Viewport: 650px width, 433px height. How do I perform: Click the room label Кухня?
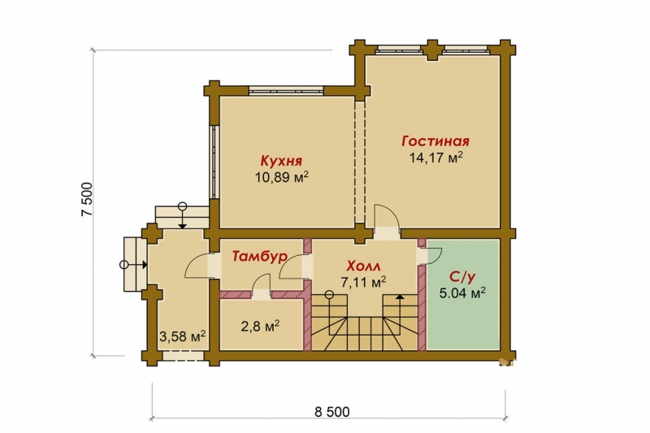[281, 161]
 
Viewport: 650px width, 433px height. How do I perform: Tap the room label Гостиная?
[435, 141]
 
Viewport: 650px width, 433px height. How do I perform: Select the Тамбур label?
[259, 256]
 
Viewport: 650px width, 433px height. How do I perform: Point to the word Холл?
[363, 266]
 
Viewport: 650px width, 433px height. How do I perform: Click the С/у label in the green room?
[462, 276]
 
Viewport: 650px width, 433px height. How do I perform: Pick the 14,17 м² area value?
[436, 158]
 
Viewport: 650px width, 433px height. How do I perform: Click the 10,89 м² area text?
[281, 177]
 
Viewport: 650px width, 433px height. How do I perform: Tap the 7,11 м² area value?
[363, 282]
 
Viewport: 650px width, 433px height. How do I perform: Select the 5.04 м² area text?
[462, 293]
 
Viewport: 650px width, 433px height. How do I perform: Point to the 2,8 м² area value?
[260, 326]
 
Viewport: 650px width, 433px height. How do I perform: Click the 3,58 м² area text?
[182, 336]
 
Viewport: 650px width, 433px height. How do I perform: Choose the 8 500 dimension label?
[332, 412]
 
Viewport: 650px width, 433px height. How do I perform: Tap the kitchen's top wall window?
[286, 90]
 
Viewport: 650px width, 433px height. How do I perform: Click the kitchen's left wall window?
[213, 162]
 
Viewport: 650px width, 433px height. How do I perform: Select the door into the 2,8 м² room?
[261, 286]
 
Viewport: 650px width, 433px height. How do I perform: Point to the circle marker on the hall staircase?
[329, 295]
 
